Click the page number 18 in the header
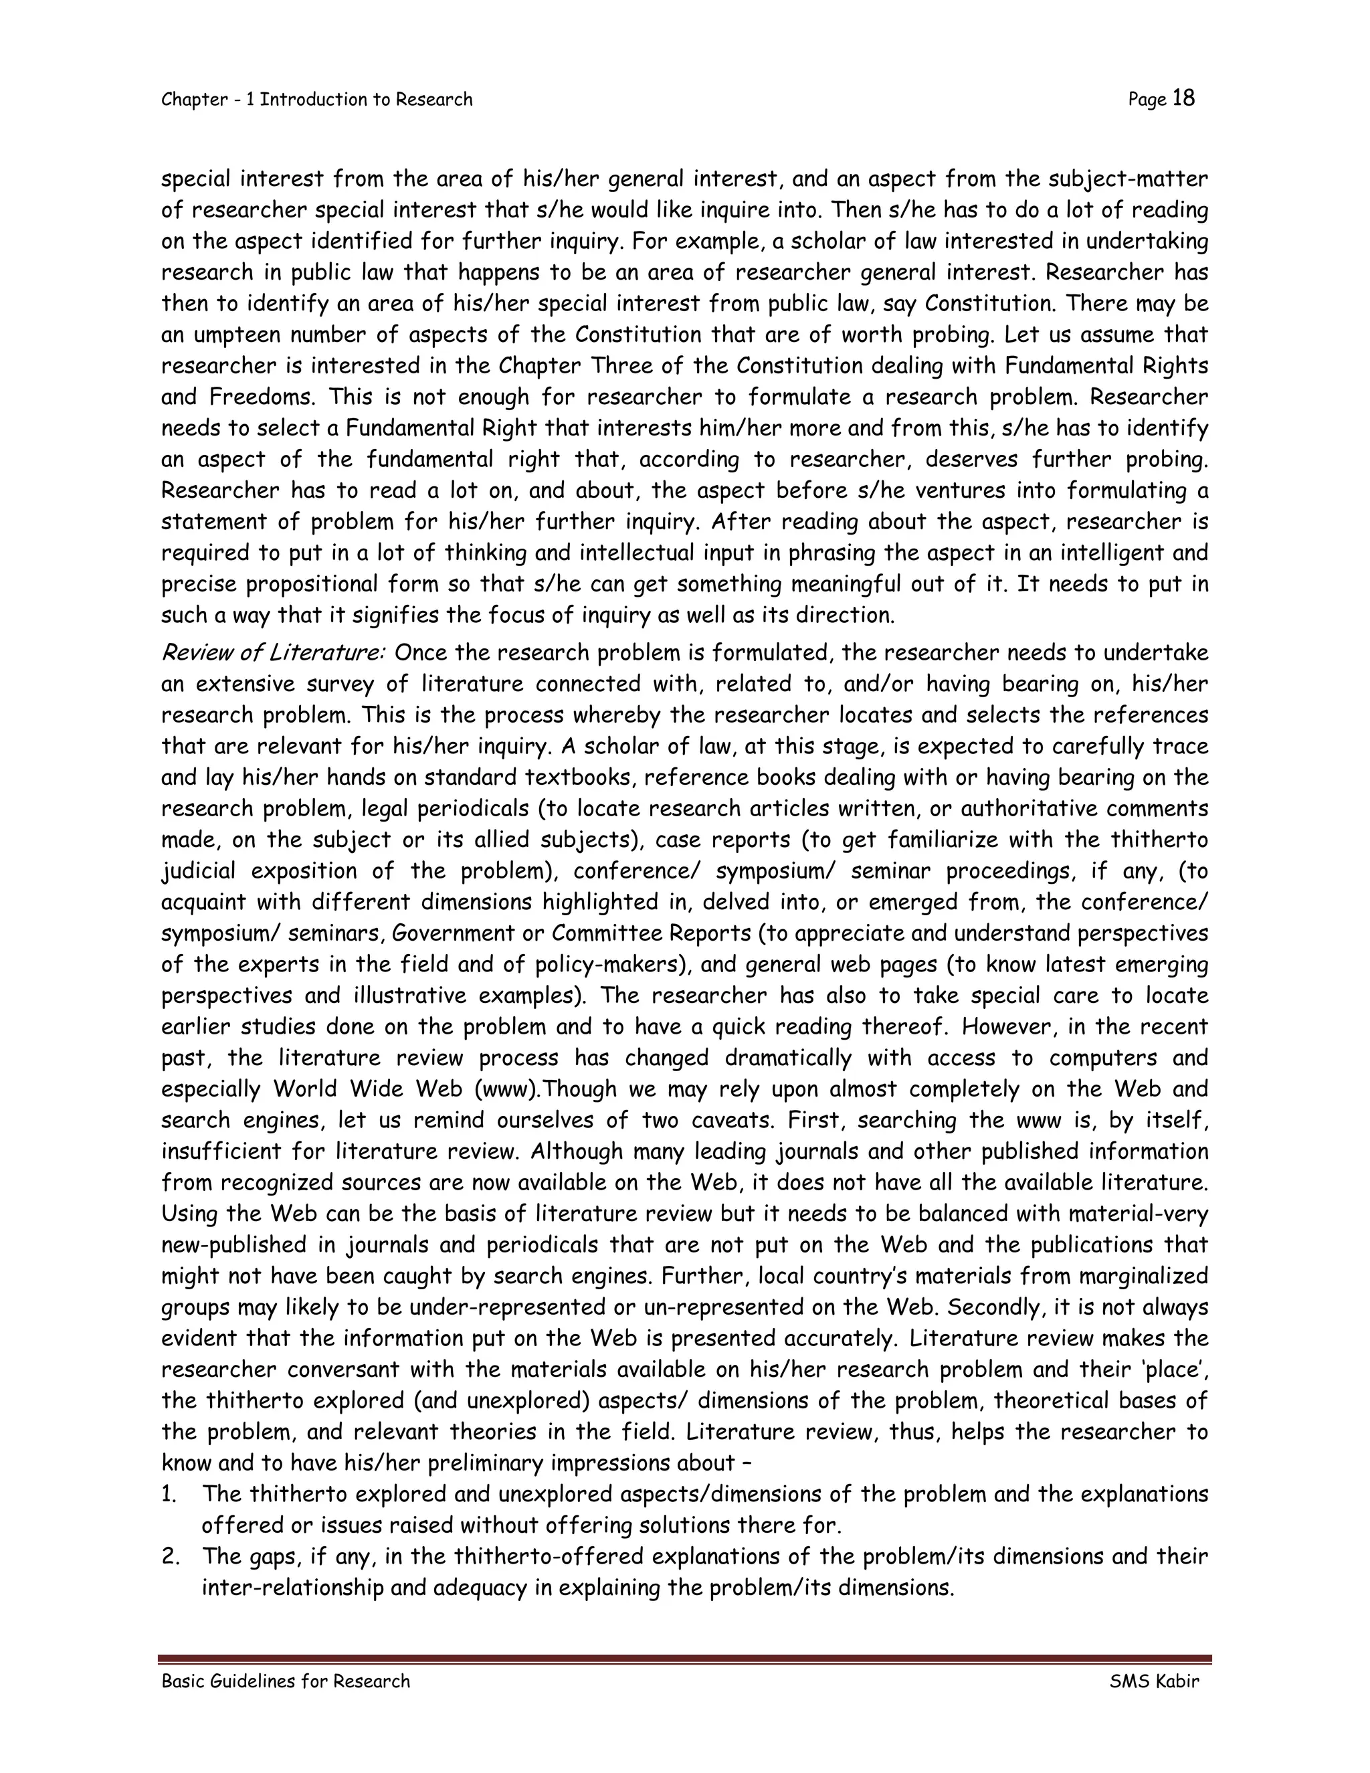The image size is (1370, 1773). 1183,98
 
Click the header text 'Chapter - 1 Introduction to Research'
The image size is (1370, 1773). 316,100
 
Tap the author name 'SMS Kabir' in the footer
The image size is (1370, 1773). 1154,1681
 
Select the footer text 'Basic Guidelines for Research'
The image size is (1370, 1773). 286,1681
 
